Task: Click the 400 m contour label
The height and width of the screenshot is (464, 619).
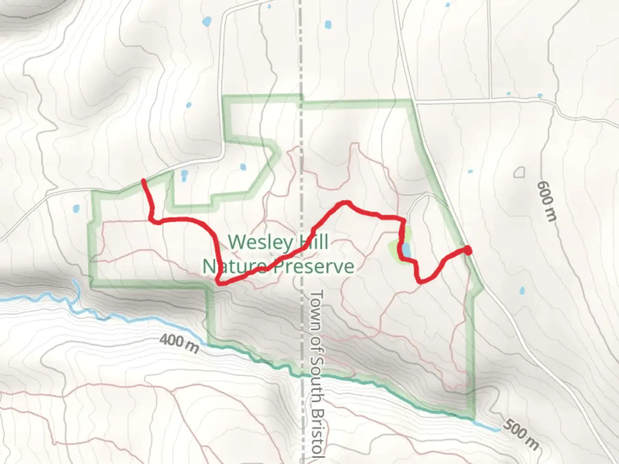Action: coord(179,344)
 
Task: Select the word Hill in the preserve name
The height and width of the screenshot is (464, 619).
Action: coord(312,242)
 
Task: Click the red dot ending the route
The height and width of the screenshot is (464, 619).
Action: coord(468,250)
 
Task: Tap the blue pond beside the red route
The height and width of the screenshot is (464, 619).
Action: coord(406,250)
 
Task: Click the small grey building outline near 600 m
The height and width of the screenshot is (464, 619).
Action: coord(519,172)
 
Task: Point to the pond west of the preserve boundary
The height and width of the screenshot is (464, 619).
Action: coord(76,209)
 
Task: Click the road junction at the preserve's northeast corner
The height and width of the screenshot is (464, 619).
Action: coord(414,101)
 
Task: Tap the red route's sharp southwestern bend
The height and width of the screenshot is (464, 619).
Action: coord(220,283)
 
